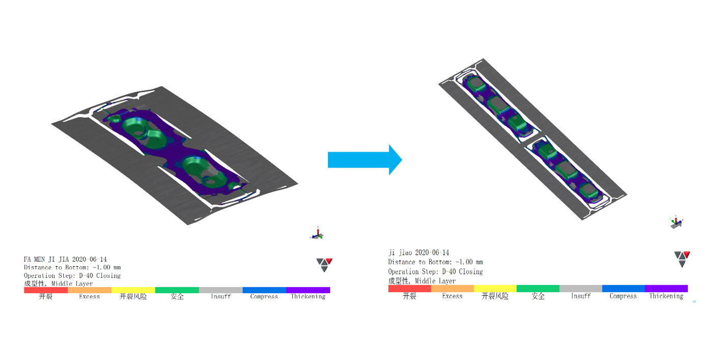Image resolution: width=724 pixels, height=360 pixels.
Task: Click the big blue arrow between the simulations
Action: point(365,160)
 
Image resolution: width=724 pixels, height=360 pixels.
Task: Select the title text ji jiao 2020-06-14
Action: point(419,253)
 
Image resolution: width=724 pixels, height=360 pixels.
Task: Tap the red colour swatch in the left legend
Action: point(46,290)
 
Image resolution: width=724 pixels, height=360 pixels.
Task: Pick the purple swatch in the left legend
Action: point(308,290)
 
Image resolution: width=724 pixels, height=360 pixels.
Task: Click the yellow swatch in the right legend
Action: point(495,288)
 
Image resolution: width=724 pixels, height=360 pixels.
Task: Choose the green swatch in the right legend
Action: point(538,288)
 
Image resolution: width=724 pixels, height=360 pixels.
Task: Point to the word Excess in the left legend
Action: point(89,297)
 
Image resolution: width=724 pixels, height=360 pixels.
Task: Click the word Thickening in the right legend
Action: point(666,296)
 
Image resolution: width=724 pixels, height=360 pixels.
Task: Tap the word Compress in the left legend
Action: point(264,297)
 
